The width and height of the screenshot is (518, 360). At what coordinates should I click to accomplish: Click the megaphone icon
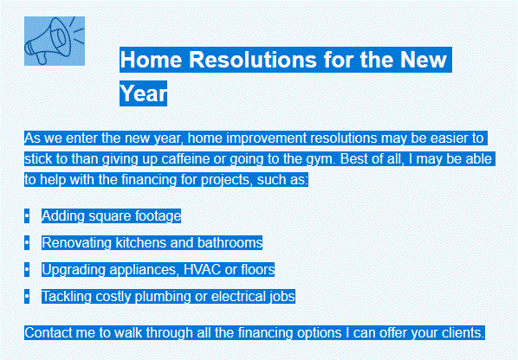[x=55, y=41]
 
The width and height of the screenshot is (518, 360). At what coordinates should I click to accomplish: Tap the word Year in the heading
[x=144, y=93]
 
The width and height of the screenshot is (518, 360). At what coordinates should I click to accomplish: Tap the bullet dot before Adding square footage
[x=27, y=216]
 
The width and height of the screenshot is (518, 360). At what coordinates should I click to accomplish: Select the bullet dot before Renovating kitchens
[x=27, y=243]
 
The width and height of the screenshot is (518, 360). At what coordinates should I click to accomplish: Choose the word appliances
[x=144, y=270]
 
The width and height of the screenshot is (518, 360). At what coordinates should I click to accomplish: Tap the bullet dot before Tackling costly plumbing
[x=27, y=297]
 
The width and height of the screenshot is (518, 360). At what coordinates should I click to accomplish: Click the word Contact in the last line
[x=49, y=332]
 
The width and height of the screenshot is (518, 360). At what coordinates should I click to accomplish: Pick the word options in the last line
[x=319, y=333]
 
